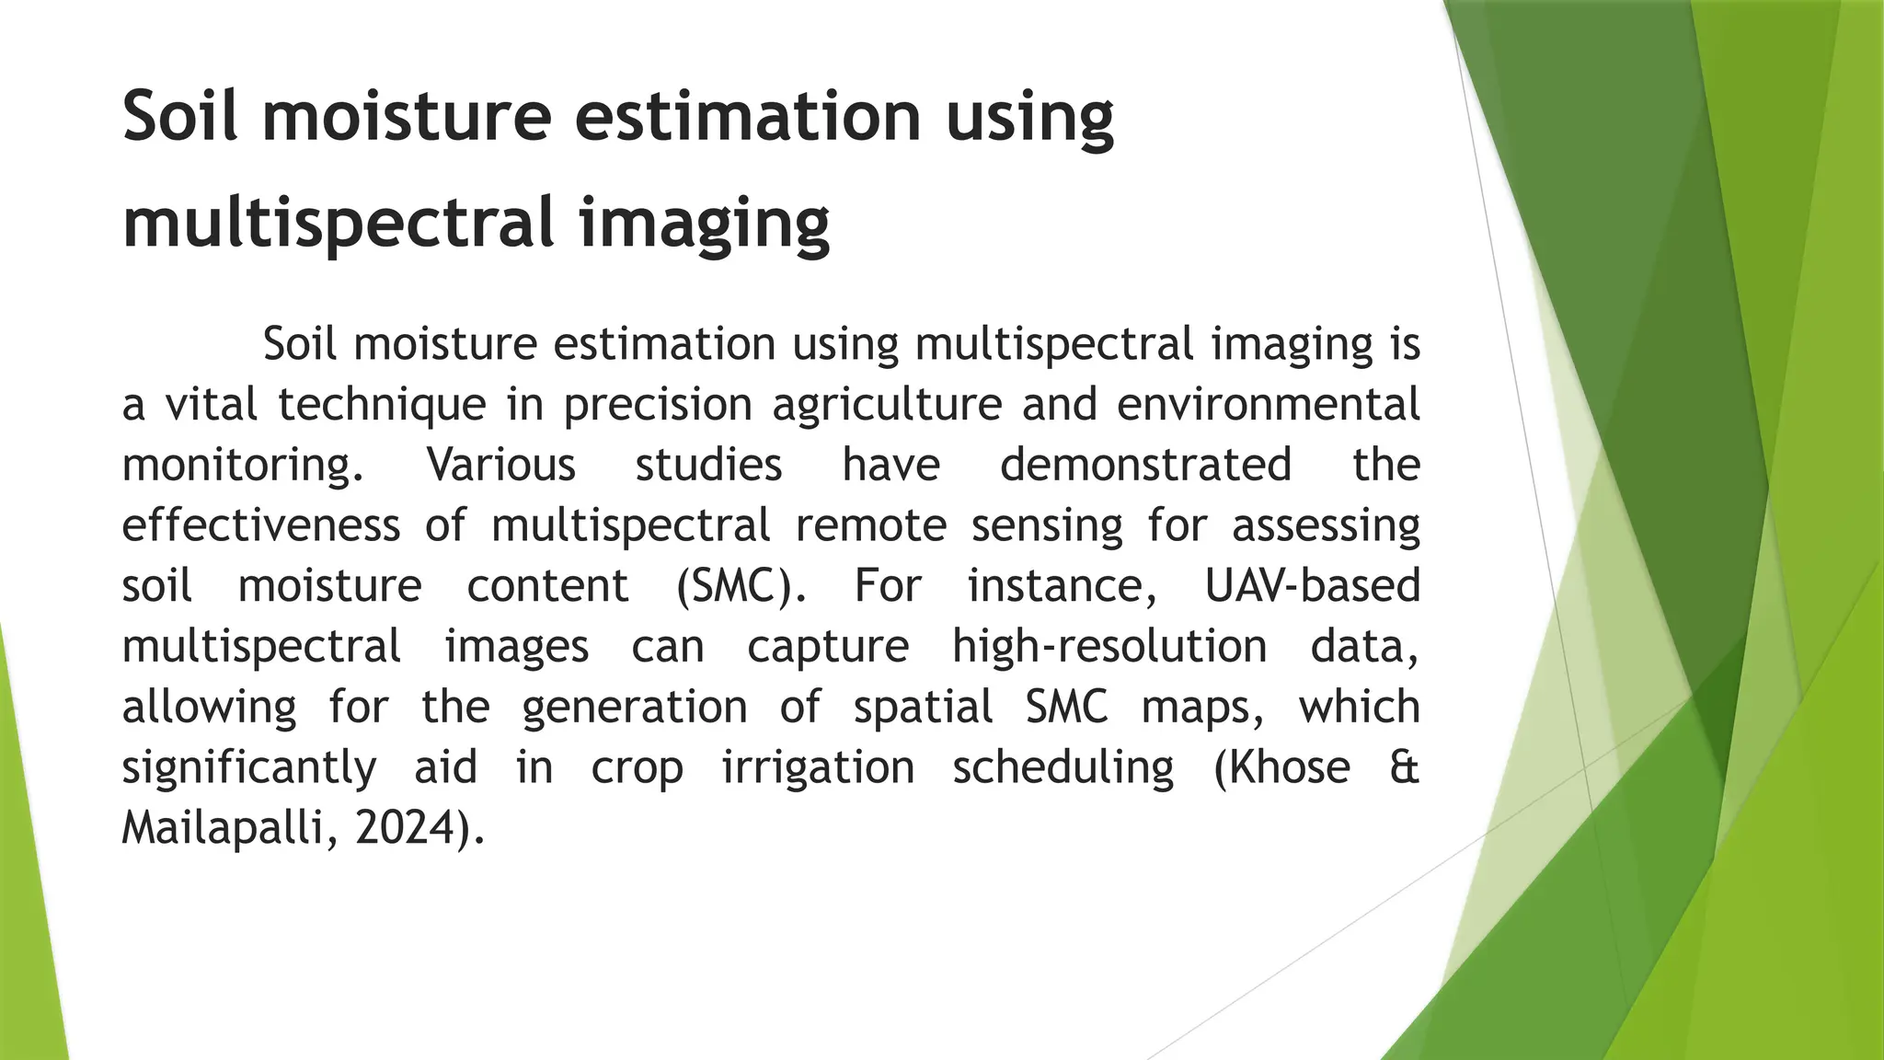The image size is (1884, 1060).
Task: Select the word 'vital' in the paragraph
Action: click(x=211, y=404)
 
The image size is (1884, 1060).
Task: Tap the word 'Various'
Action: click(x=501, y=465)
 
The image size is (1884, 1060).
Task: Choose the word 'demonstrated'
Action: click(x=1145, y=465)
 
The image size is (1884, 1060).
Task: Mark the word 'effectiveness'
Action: click(x=261, y=525)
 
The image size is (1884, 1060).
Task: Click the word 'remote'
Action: click(x=870, y=525)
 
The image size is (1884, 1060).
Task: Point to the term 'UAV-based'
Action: click(x=1313, y=586)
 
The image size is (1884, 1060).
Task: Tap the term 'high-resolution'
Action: click(x=1109, y=647)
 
